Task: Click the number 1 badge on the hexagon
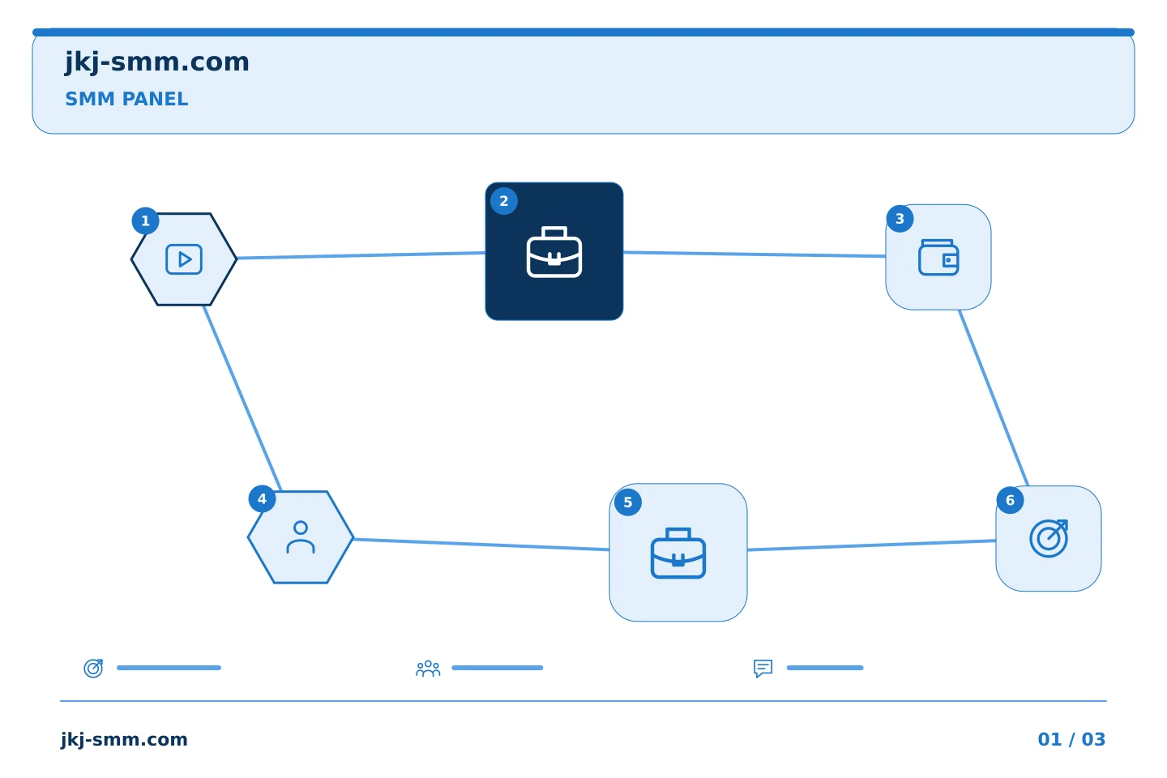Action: coord(145,221)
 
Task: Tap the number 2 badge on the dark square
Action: coord(504,201)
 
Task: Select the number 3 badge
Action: coord(900,219)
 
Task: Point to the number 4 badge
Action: coord(262,499)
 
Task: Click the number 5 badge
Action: coord(628,502)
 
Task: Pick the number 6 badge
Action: coord(1010,500)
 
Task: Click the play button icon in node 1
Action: coord(184,259)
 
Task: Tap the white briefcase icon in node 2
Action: coord(554,252)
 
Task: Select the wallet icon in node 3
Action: coord(938,257)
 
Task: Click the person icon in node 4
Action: coord(301,537)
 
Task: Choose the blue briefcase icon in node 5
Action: coord(678,553)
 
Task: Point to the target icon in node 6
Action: coord(1049,538)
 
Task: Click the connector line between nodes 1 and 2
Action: coord(361,255)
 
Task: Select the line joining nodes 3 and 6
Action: coord(994,398)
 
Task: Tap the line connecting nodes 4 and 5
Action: coord(481,545)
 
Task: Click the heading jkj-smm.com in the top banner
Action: coord(157,62)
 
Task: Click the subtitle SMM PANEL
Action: coord(126,99)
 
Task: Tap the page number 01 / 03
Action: coord(1071,739)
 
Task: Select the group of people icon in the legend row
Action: coord(428,668)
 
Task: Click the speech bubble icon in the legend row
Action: coord(763,669)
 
